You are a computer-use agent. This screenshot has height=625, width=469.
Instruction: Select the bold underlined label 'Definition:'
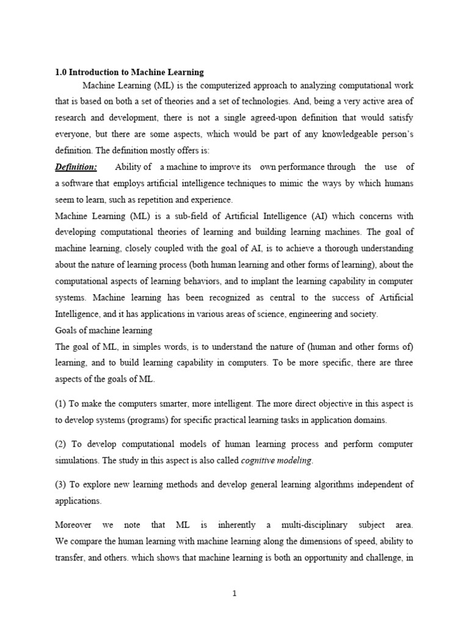coord(76,167)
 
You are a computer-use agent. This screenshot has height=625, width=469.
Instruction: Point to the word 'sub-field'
coord(183,215)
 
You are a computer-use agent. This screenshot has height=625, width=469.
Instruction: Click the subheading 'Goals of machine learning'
coord(104,330)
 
